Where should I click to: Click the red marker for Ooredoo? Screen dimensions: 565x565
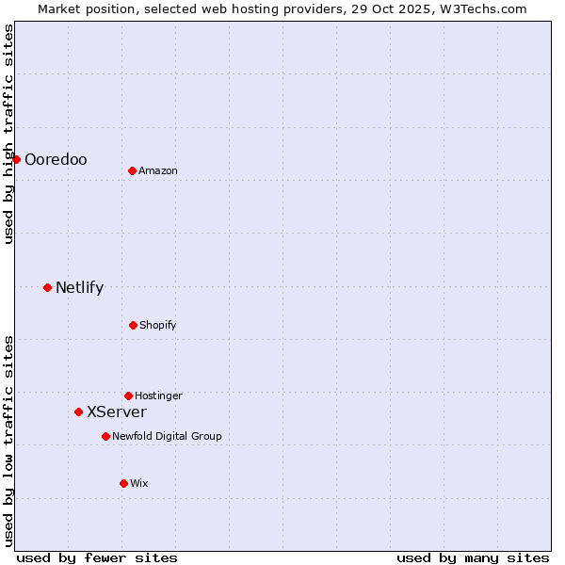(x=16, y=159)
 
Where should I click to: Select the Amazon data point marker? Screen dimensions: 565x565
(x=132, y=170)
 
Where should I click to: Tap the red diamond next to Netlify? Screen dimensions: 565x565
(x=47, y=287)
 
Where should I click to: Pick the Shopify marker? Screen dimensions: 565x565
(x=133, y=325)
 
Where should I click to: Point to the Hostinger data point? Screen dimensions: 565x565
(x=128, y=395)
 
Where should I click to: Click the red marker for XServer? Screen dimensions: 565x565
(x=78, y=412)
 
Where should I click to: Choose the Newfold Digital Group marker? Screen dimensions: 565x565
(x=105, y=436)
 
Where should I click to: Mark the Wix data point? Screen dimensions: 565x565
(x=123, y=483)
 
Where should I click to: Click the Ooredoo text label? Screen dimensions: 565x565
(x=56, y=160)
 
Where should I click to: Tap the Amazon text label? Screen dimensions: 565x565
(x=158, y=170)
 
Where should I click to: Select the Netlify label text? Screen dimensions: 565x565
(x=79, y=288)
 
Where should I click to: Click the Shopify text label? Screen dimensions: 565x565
(x=158, y=325)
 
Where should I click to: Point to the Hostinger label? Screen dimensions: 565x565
(x=158, y=395)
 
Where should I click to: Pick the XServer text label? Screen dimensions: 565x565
(x=117, y=412)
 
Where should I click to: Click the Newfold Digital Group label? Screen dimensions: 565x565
(x=167, y=436)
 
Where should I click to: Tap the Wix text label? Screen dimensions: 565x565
(x=139, y=483)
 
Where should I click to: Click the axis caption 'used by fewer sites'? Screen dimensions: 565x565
(x=97, y=557)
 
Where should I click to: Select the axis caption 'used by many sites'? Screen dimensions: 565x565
(x=473, y=557)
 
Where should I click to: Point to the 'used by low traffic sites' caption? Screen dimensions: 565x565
(x=8, y=441)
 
